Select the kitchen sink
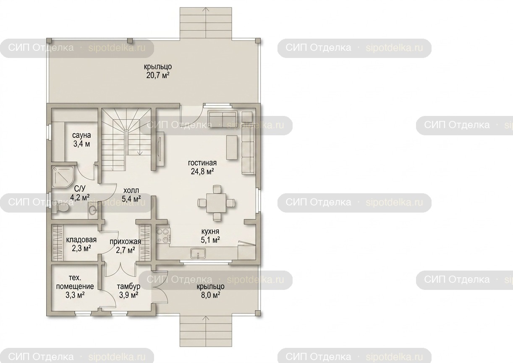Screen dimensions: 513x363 point(198,253)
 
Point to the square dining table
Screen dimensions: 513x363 point(217,203)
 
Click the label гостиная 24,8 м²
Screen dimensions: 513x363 point(202,167)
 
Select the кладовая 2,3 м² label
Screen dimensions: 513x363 point(81,244)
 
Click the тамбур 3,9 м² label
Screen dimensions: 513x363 point(128,291)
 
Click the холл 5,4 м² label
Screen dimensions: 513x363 point(131,195)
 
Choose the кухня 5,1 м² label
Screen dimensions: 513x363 point(210,236)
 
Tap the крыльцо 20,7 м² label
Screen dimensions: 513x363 point(158,71)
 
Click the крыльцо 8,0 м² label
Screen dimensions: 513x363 point(210,291)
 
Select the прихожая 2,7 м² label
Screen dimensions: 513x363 point(125,246)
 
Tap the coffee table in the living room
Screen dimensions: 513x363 point(232,147)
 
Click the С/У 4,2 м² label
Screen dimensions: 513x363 point(80,193)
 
